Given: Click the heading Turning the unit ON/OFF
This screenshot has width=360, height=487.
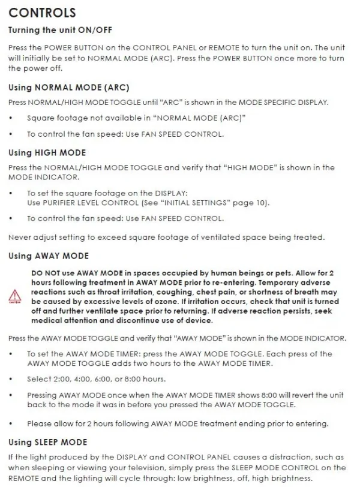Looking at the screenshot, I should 58,30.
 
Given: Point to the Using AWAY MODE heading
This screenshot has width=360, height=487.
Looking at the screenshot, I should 48,256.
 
